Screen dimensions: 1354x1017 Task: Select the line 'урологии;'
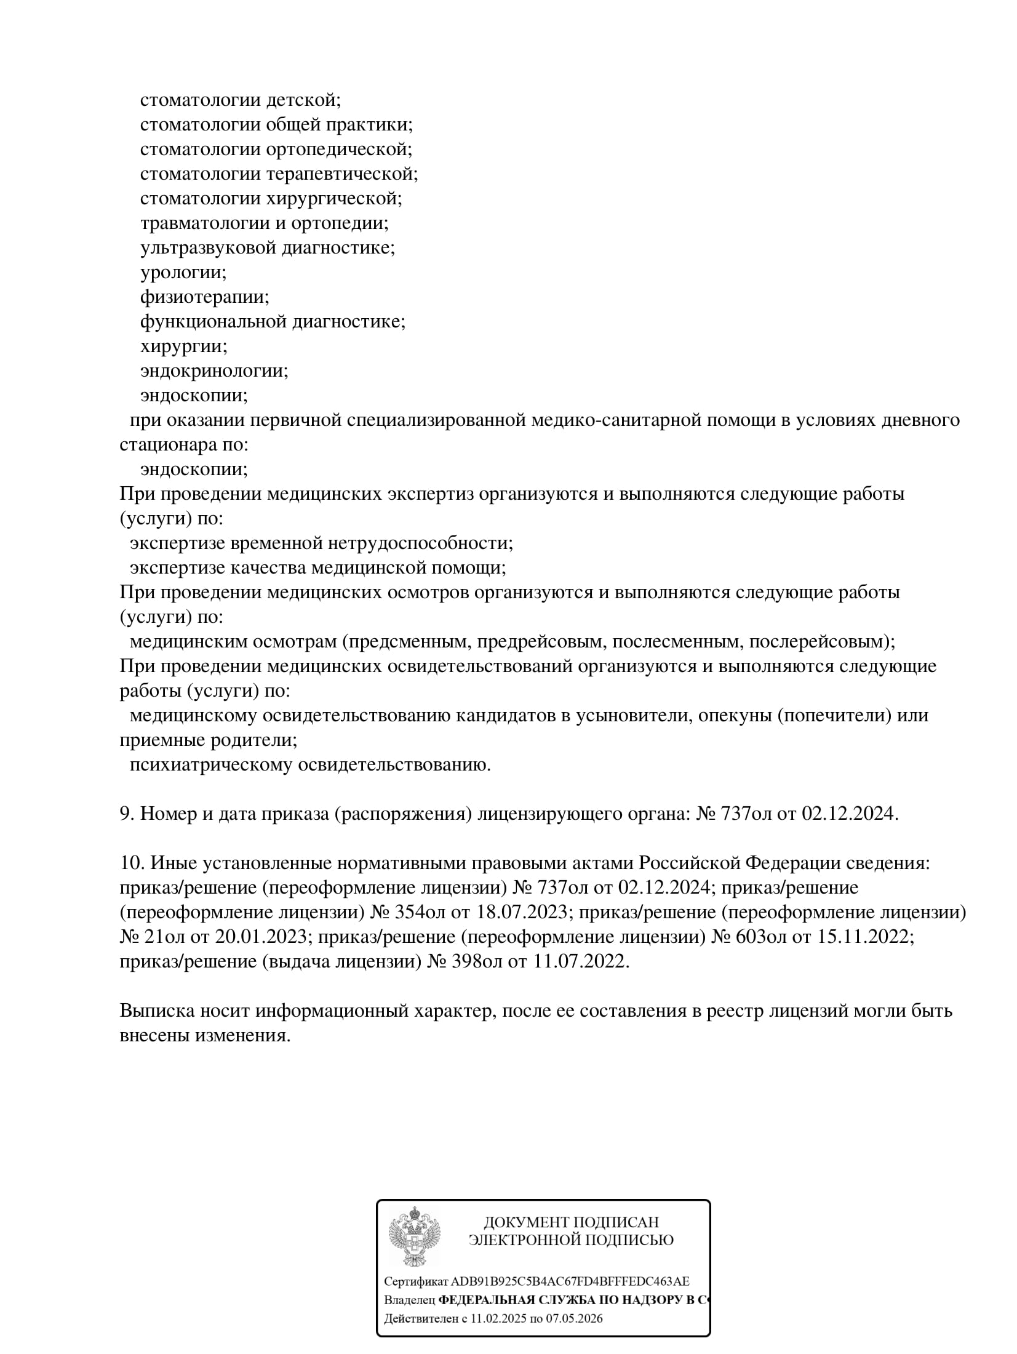(x=183, y=272)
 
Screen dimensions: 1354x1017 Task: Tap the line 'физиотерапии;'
(x=205, y=297)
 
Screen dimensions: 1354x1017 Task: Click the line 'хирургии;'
(x=184, y=346)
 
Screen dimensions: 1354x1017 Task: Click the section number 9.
(x=126, y=814)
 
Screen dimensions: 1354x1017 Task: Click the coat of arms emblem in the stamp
(x=415, y=1235)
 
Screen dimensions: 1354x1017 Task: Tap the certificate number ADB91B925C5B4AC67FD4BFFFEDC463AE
(x=570, y=1282)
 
